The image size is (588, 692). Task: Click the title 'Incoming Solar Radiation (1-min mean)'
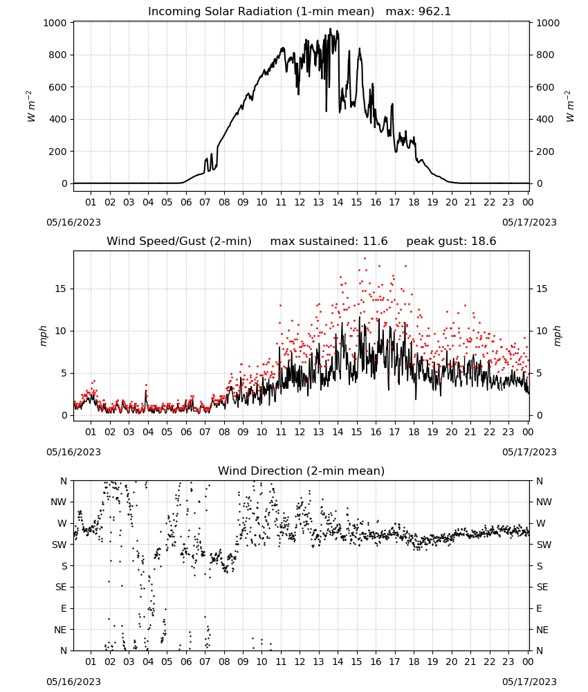click(x=261, y=11)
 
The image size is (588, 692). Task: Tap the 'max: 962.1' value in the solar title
click(x=419, y=11)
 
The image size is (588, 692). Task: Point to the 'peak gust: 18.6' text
click(x=451, y=241)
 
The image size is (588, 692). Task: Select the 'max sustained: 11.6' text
click(x=329, y=241)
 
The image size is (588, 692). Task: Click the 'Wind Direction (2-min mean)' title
click(x=302, y=471)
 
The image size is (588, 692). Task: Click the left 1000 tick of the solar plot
click(x=55, y=23)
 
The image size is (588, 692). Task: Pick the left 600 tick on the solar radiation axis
click(x=58, y=87)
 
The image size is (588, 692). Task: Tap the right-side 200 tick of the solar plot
click(x=545, y=152)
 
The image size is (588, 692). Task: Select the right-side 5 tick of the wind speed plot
click(x=539, y=374)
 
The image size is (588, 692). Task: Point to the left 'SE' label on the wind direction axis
click(x=61, y=587)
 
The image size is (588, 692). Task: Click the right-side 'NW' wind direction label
click(x=544, y=502)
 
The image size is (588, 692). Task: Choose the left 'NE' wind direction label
click(x=60, y=630)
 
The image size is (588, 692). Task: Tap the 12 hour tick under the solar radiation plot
click(x=300, y=202)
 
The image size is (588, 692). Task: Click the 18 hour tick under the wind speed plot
click(x=414, y=432)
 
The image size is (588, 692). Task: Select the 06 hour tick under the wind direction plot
click(x=186, y=662)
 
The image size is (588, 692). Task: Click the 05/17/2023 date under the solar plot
click(x=529, y=222)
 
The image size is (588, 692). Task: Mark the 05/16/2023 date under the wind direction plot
click(x=73, y=682)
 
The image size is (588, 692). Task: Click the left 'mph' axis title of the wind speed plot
click(x=43, y=336)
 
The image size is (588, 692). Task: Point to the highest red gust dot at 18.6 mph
click(x=365, y=259)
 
